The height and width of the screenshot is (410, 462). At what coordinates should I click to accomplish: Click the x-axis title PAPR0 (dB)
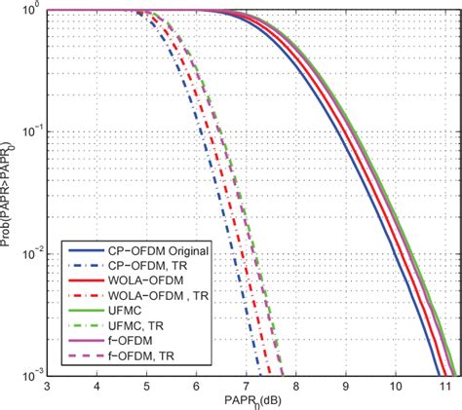point(250,400)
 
